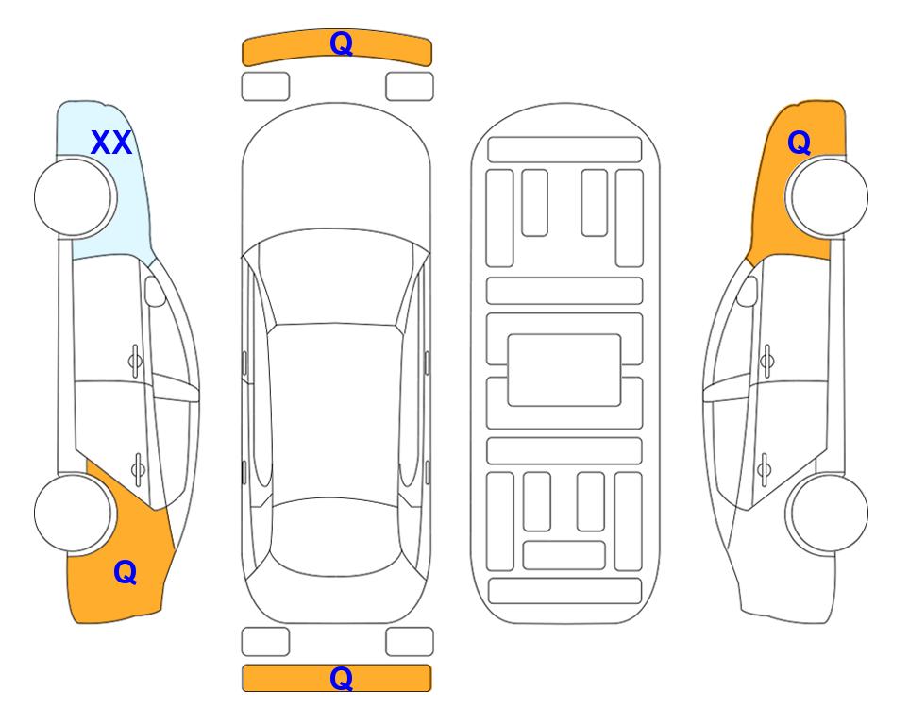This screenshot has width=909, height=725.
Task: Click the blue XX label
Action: [111, 143]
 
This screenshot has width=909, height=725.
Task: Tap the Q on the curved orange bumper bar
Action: [341, 43]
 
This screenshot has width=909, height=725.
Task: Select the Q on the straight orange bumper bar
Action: [341, 678]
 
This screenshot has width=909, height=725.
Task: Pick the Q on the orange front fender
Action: [799, 143]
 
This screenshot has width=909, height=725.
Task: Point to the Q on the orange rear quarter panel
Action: [126, 572]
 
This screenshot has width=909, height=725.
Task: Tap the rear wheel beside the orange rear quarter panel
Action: [74, 513]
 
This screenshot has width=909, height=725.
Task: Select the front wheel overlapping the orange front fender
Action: [829, 196]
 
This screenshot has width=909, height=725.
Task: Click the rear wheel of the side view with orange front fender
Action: [829, 513]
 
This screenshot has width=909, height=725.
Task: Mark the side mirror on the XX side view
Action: [155, 291]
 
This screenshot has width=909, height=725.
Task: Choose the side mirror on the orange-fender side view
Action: [748, 291]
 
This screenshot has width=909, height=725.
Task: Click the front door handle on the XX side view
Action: [135, 361]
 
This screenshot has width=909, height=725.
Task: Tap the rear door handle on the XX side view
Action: [138, 468]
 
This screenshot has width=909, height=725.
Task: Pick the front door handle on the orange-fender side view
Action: [767, 361]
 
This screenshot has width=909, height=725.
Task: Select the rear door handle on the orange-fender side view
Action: [764, 468]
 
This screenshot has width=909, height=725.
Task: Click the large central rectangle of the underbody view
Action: [564, 370]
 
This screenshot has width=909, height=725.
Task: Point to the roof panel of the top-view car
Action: [335, 413]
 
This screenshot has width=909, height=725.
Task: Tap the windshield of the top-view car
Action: [335, 278]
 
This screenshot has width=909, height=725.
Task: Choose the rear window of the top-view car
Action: [335, 536]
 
